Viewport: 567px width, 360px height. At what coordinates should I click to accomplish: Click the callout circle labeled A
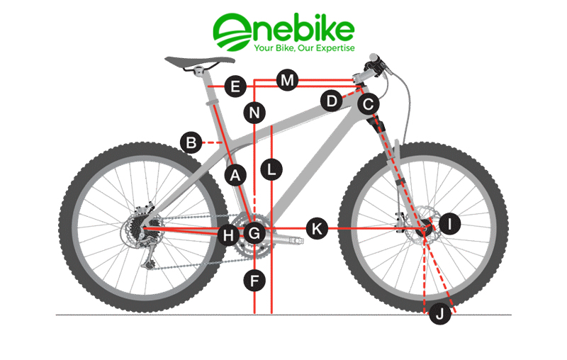pyautogui.click(x=235, y=176)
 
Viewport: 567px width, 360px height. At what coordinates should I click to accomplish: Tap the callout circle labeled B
pyautogui.click(x=191, y=142)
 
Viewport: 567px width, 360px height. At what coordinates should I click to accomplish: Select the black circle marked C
pyautogui.click(x=369, y=104)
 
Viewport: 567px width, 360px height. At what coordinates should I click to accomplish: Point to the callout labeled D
pyautogui.click(x=332, y=101)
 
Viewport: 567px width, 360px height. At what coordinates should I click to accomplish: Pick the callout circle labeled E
pyautogui.click(x=235, y=86)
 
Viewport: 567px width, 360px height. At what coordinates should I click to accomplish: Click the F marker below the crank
pyautogui.click(x=254, y=281)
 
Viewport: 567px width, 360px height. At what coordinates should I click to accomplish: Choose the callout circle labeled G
pyautogui.click(x=254, y=233)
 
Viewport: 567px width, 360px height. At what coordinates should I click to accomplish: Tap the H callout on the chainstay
pyautogui.click(x=228, y=236)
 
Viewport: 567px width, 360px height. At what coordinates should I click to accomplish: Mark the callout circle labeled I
pyautogui.click(x=450, y=224)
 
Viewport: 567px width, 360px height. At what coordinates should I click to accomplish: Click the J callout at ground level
pyautogui.click(x=440, y=314)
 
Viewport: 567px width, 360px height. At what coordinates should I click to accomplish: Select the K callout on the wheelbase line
pyautogui.click(x=317, y=228)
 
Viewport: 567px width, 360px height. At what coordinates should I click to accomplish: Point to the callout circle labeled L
pyautogui.click(x=271, y=169)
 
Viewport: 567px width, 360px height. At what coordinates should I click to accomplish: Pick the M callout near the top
pyautogui.click(x=288, y=80)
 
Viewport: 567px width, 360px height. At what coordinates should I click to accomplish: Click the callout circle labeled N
pyautogui.click(x=254, y=113)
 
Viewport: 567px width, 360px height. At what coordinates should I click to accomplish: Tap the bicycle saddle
pyautogui.click(x=200, y=62)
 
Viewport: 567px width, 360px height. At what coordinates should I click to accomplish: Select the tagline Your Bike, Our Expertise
pyautogui.click(x=304, y=48)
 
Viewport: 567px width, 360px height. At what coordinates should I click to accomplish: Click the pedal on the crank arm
pyautogui.click(x=296, y=240)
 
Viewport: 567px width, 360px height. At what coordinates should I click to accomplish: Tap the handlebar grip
pyautogui.click(x=374, y=58)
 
